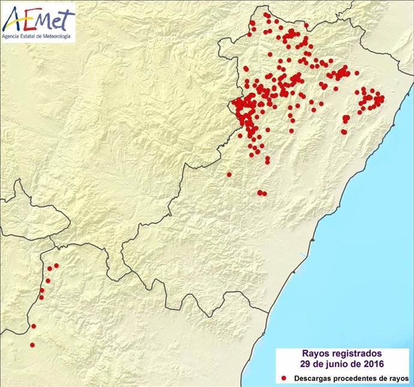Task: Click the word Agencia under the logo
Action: [13, 37]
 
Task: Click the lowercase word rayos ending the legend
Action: [394, 378]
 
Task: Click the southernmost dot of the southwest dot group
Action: [32, 345]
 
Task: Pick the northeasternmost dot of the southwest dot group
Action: [56, 265]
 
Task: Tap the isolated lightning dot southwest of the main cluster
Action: [229, 174]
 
